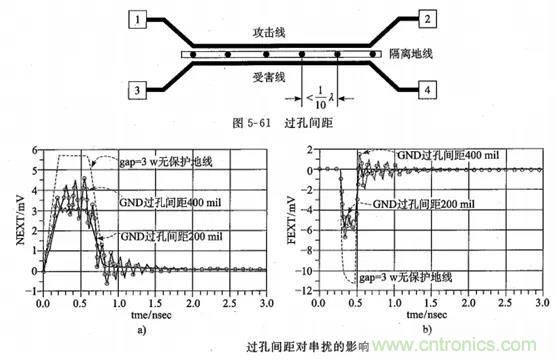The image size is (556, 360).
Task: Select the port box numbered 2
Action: (x=426, y=19)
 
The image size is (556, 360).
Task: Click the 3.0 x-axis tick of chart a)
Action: (x=265, y=302)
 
